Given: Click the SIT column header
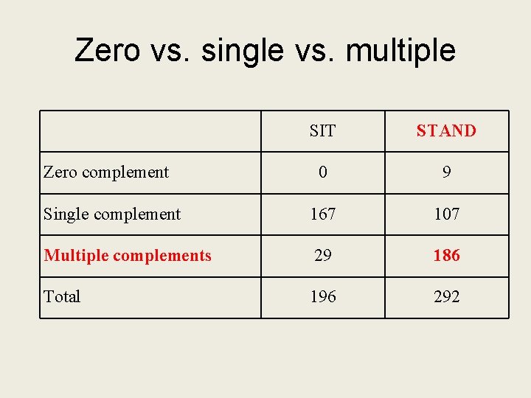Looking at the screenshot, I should [x=322, y=131].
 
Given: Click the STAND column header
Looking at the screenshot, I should [x=446, y=131].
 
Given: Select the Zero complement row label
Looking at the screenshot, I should [x=106, y=172].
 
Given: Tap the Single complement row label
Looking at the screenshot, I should [x=112, y=214].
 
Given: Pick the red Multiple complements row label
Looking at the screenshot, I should [x=128, y=256].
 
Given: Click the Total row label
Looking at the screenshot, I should [x=62, y=297].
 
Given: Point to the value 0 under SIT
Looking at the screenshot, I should [x=322, y=172].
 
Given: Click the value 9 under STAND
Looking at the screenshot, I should [x=446, y=172].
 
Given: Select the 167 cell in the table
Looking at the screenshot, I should [x=322, y=214].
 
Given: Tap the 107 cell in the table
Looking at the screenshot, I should [x=446, y=214].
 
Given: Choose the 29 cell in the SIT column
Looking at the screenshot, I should [x=322, y=256].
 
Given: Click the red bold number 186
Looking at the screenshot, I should [x=446, y=256].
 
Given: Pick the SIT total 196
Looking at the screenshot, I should [x=322, y=297].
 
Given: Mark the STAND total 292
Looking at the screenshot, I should [x=446, y=297].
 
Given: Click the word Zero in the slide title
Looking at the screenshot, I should [x=107, y=50].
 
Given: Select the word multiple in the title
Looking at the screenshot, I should [x=400, y=50].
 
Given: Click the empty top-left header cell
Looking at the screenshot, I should [x=150, y=131].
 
